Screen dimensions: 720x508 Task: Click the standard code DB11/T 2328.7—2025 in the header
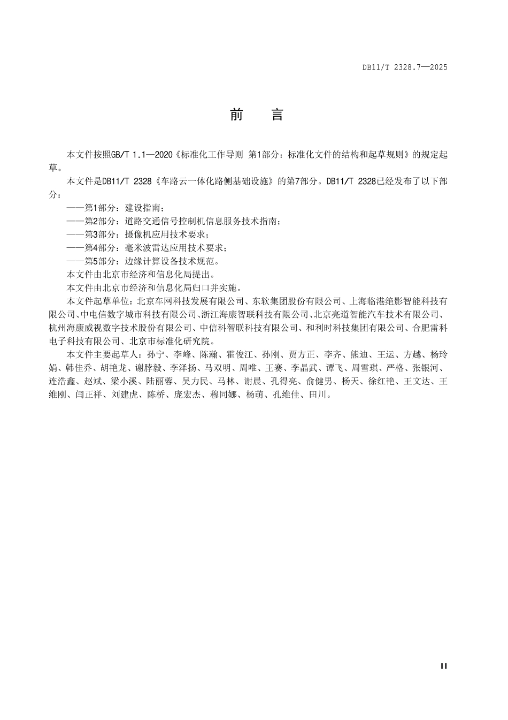404,67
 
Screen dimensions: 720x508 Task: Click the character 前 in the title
236,115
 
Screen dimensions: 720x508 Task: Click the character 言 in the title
277,115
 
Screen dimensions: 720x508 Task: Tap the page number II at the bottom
443,666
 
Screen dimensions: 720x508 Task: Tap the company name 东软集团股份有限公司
292,301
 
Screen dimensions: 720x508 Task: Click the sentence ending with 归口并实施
155,288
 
